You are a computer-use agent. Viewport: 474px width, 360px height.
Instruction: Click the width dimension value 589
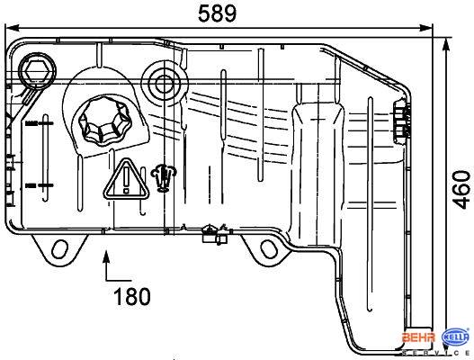click(217, 13)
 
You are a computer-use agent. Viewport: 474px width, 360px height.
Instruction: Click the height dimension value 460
click(461, 190)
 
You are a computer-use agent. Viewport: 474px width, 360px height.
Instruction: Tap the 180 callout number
click(132, 296)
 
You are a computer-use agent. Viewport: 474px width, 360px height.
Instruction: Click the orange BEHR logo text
click(418, 337)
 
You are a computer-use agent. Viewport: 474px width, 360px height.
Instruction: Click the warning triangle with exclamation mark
click(126, 180)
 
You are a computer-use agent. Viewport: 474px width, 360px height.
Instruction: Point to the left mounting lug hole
click(59, 249)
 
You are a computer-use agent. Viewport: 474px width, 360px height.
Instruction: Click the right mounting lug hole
click(268, 248)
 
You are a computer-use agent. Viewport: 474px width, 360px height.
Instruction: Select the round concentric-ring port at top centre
click(165, 83)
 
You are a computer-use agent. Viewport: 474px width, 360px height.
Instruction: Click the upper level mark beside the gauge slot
click(40, 123)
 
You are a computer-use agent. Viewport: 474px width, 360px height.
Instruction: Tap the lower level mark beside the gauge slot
click(40, 185)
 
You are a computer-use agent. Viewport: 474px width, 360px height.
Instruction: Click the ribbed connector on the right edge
click(401, 121)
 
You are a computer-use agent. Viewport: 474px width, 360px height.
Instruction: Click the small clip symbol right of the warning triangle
click(164, 177)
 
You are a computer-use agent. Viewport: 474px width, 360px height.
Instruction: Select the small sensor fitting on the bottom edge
click(215, 235)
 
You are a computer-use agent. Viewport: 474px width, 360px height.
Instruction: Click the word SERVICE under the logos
click(435, 354)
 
